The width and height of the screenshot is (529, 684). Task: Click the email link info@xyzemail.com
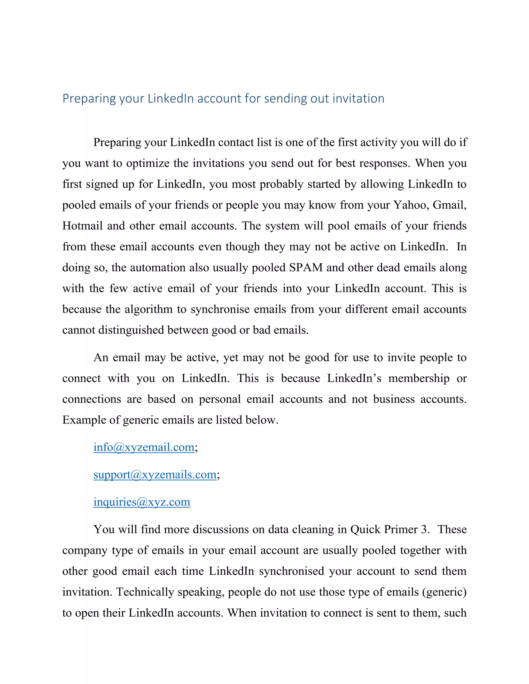(144, 447)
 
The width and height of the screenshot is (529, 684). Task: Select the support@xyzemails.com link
(155, 474)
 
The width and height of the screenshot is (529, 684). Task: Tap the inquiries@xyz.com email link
(142, 502)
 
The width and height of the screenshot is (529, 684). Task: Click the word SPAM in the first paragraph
(306, 267)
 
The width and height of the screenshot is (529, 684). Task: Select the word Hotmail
(82, 226)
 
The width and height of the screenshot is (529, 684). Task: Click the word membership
(419, 378)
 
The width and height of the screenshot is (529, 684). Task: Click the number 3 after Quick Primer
(424, 529)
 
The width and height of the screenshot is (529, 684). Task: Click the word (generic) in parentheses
(444, 592)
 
